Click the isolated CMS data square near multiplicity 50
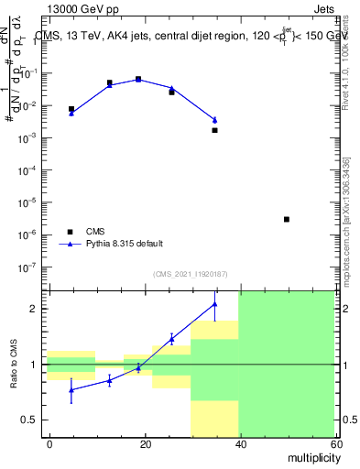pyautogui.click(x=287, y=220)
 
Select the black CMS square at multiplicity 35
pyautogui.click(x=214, y=130)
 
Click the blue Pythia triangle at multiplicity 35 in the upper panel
pyautogui.click(x=214, y=120)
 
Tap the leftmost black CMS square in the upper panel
pyautogui.click(x=71, y=109)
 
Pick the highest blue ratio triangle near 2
pyautogui.click(x=214, y=304)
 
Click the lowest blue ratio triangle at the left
pyautogui.click(x=71, y=389)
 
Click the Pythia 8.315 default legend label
pyautogui.click(x=125, y=244)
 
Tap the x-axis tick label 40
pyautogui.click(x=238, y=444)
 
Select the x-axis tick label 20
pyautogui.click(x=144, y=444)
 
